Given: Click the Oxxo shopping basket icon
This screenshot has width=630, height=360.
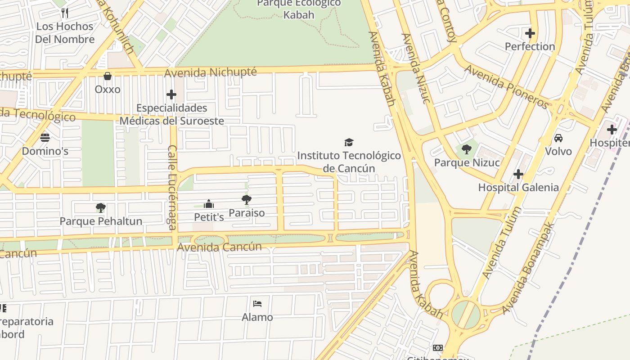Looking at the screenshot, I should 108,76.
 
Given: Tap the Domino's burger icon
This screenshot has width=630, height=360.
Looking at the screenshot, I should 45,137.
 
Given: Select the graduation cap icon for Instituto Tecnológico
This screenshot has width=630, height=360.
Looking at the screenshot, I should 349,142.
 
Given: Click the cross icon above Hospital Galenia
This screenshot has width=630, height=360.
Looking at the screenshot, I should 518,174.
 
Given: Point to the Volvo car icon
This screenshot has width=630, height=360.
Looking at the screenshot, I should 558,138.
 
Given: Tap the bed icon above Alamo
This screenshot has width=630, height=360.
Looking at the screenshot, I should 257,304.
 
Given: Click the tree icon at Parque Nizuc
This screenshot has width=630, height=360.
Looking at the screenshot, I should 467,149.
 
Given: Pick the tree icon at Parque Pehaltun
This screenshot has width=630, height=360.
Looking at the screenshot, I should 101,207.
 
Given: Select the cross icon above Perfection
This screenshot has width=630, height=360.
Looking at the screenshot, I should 530,33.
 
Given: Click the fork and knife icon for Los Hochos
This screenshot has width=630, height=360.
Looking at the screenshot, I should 65,13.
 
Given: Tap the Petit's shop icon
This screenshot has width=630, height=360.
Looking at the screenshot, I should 209,204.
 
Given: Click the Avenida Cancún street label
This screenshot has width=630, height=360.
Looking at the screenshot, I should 219,247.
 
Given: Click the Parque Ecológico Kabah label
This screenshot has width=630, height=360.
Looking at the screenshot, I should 299,9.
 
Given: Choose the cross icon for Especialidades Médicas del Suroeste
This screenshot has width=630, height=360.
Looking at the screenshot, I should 171,94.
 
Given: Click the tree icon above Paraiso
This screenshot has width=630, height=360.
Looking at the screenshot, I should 246,199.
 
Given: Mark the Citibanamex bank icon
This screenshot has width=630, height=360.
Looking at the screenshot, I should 437,348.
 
